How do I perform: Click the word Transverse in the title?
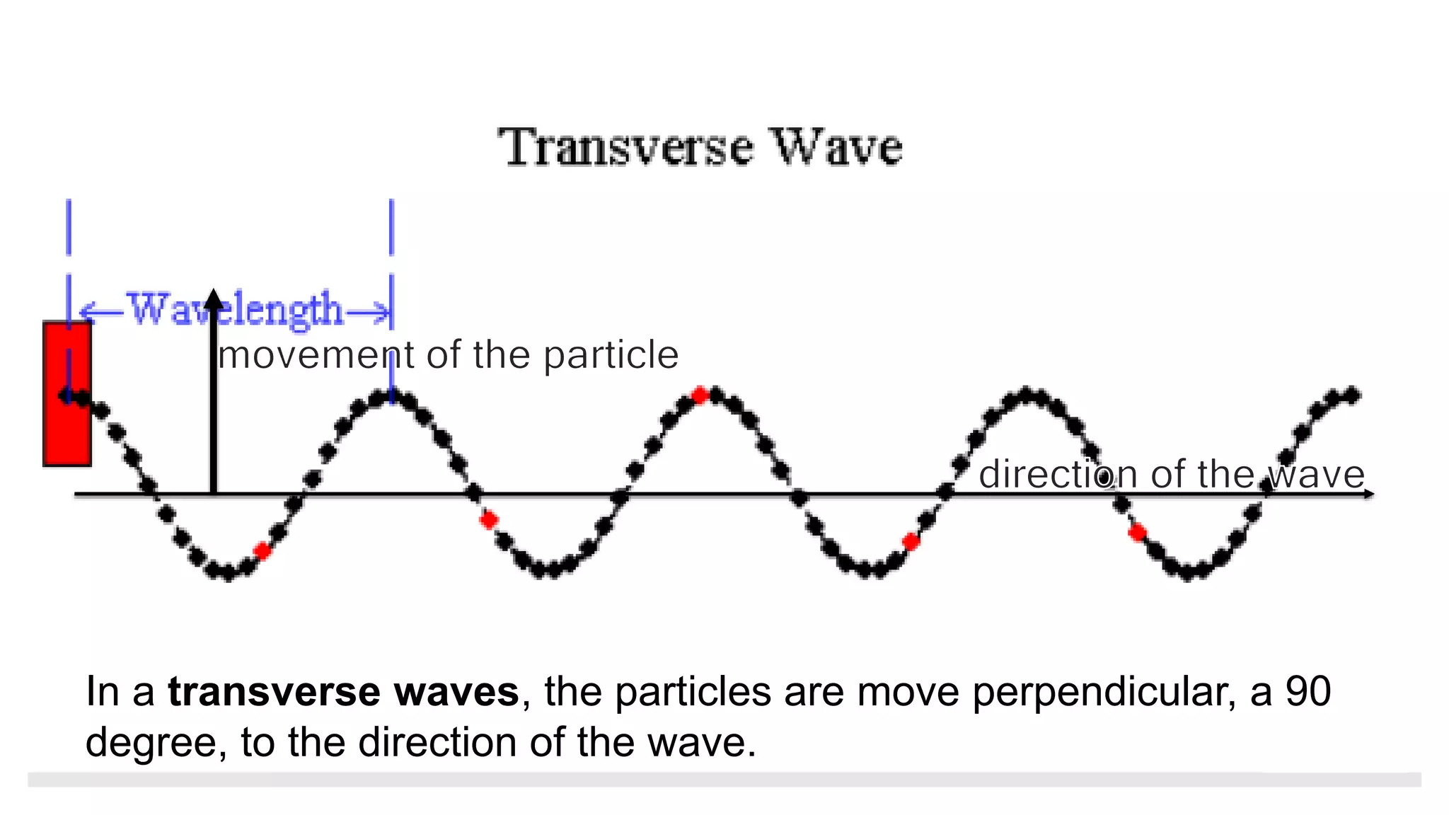625,147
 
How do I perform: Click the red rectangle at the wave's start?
67,394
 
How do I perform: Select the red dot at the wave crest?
700,395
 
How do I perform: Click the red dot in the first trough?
262,551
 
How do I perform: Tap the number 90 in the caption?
1308,691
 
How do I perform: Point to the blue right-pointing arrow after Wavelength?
369,311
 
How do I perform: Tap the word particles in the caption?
693,691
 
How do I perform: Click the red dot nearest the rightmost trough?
1137,532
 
